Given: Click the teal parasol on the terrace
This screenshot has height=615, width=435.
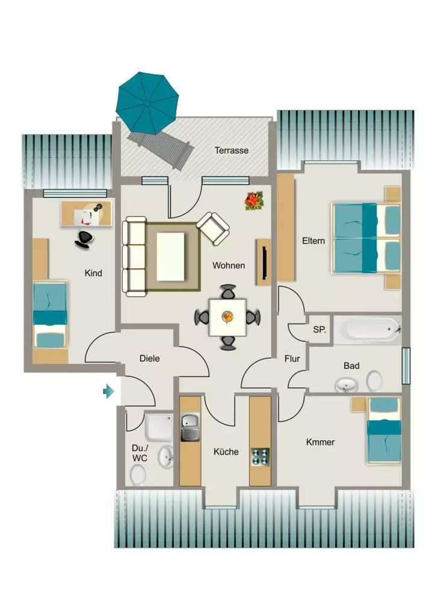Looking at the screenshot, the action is tap(147, 102).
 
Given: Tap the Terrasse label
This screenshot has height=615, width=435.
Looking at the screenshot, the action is tap(232, 150).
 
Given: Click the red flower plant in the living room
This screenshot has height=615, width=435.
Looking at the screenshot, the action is tap(254, 201).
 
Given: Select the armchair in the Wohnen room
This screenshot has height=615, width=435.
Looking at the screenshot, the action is tap(212, 227).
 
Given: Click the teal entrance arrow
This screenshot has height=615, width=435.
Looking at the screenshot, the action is tap(108, 391).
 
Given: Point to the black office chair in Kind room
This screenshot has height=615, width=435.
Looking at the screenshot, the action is tap(84, 239).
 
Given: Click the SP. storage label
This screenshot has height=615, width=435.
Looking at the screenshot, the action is tap(319, 330).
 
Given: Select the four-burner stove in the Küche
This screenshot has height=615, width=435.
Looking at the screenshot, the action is tap(260, 457).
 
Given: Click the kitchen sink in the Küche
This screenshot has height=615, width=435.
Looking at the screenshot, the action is tap(190, 428).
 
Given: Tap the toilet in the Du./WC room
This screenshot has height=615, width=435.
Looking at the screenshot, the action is tap(138, 474).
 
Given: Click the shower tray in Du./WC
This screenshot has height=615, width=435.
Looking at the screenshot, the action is tap(159, 426).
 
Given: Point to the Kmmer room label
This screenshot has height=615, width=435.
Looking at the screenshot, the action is tap(320, 442).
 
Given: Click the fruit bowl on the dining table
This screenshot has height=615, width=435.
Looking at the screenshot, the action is tap(227, 317).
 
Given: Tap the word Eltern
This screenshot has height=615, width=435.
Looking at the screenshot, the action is tap(313, 241).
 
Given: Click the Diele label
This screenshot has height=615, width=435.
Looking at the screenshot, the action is tap(150, 358).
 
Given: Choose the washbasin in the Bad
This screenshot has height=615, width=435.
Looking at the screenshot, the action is tap(346, 385).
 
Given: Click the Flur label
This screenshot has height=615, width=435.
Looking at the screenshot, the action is tap(292, 359).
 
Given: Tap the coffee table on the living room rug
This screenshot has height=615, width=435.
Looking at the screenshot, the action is tap(170, 256).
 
